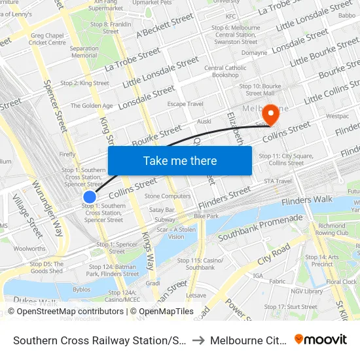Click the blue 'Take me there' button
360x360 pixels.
pos(179,160)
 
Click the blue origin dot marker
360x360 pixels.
pos(90,196)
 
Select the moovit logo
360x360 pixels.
pos(321,339)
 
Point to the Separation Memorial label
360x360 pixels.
pos(84,52)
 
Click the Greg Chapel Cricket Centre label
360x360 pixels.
pos(48,39)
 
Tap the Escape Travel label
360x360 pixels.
pos(185,104)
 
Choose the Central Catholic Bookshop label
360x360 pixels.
pos(225,71)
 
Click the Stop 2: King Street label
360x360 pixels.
pos(84,83)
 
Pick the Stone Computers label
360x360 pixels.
pos(168,196)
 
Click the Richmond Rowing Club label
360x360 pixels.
pos(332,229)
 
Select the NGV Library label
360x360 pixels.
pos(306,291)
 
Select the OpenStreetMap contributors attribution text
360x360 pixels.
pos(65,312)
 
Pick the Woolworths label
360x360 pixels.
pos(29,249)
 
